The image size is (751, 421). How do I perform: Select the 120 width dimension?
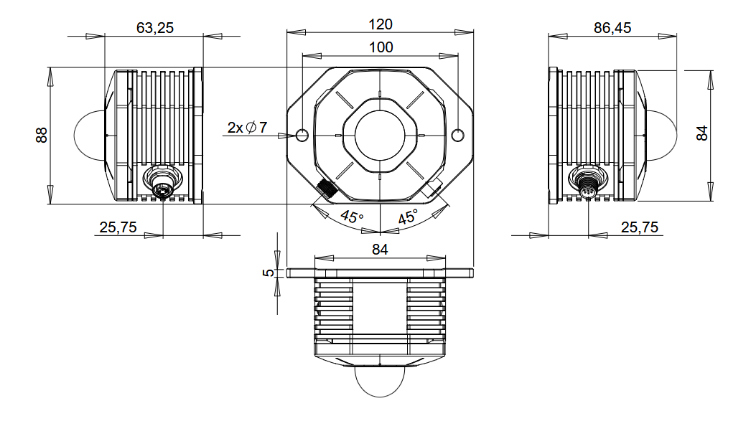coord(380,24)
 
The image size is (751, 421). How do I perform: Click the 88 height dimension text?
coord(42,135)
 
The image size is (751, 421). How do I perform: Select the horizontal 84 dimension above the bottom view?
coord(380,250)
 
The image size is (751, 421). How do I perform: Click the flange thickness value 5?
coord(268,273)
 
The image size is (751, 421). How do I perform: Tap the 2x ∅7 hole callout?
coord(246,128)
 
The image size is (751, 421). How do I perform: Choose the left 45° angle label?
coord(351,217)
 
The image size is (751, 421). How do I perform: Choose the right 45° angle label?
coord(408,217)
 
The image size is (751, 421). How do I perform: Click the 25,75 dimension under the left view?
coord(118,227)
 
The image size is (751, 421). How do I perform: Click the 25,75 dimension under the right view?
coord(639,227)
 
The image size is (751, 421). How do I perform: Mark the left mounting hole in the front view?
coord(302,134)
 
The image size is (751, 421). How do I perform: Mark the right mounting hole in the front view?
coord(458,134)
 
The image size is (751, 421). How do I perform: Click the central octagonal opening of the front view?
coord(380,134)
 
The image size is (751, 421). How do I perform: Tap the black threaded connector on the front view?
coord(327,190)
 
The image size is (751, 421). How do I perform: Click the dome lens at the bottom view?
coord(380,380)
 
